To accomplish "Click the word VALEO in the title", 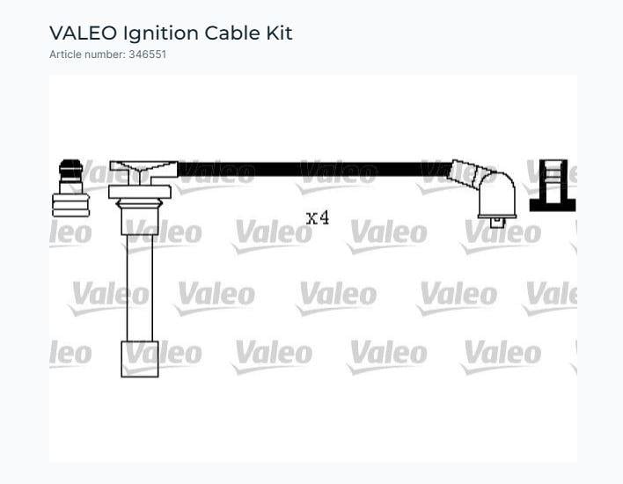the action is pos(83,33).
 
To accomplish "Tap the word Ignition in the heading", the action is pos(160,34).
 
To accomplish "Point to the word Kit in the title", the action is pos(279,33).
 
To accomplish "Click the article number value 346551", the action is pos(148,55).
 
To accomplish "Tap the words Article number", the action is pos(86,55).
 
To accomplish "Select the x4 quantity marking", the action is pos(318,217).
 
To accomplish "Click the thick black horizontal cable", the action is pos(315,169).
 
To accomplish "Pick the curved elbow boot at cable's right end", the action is pos(496,194).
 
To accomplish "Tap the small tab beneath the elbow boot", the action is pos(496,223).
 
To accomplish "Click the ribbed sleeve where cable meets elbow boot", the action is pos(468,174).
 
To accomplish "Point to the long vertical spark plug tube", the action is pos(139,288).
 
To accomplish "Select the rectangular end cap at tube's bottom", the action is pos(140,359).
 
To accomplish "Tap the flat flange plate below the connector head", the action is pos(140,192).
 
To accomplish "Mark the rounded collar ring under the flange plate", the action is pos(139,204).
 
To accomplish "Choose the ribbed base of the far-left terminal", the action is pos(70,205).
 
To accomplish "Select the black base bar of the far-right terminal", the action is pos(553,205).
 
